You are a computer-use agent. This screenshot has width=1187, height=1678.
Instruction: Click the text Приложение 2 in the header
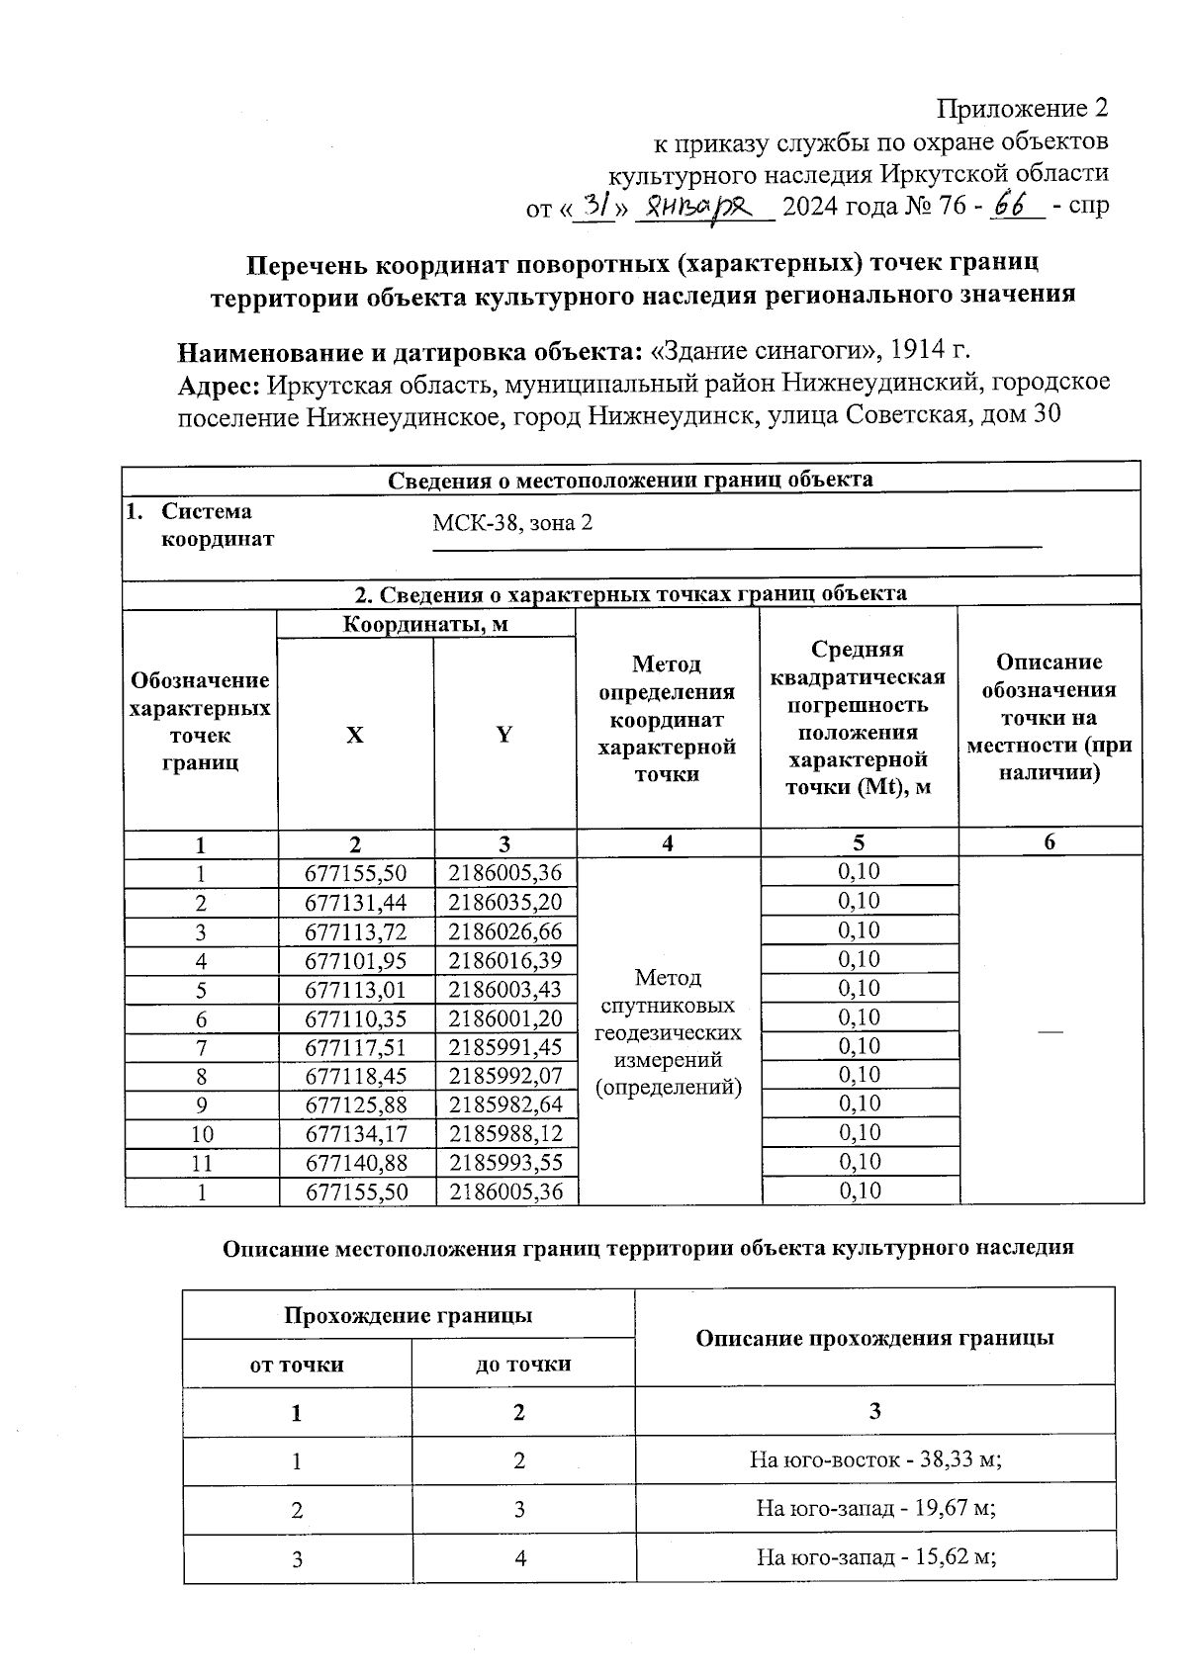(x=1023, y=108)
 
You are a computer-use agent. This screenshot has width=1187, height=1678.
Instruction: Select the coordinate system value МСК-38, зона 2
(x=512, y=523)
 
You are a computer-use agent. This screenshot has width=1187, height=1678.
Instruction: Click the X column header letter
(x=354, y=735)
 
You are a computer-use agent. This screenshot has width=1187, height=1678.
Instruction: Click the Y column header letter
(x=504, y=735)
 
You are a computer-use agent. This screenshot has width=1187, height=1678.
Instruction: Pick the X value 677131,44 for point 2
(x=356, y=902)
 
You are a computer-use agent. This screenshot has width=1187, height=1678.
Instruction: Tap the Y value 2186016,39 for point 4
(x=505, y=960)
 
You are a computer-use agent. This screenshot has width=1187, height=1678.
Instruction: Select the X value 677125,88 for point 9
(x=356, y=1104)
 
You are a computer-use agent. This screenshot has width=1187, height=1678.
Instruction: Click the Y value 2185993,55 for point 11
(x=505, y=1162)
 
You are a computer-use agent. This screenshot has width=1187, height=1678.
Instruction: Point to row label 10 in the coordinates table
(x=202, y=1134)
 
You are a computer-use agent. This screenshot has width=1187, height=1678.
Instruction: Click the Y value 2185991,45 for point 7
(x=505, y=1047)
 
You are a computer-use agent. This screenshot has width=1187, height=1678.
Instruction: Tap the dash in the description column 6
(x=1050, y=1031)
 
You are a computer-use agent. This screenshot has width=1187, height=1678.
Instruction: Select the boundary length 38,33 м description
(x=875, y=1459)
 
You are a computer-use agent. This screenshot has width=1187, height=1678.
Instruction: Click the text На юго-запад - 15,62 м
(x=875, y=1557)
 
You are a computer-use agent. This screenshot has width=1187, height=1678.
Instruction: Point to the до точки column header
(x=523, y=1365)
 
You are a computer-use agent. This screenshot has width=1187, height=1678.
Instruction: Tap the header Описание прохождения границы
(x=874, y=1338)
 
